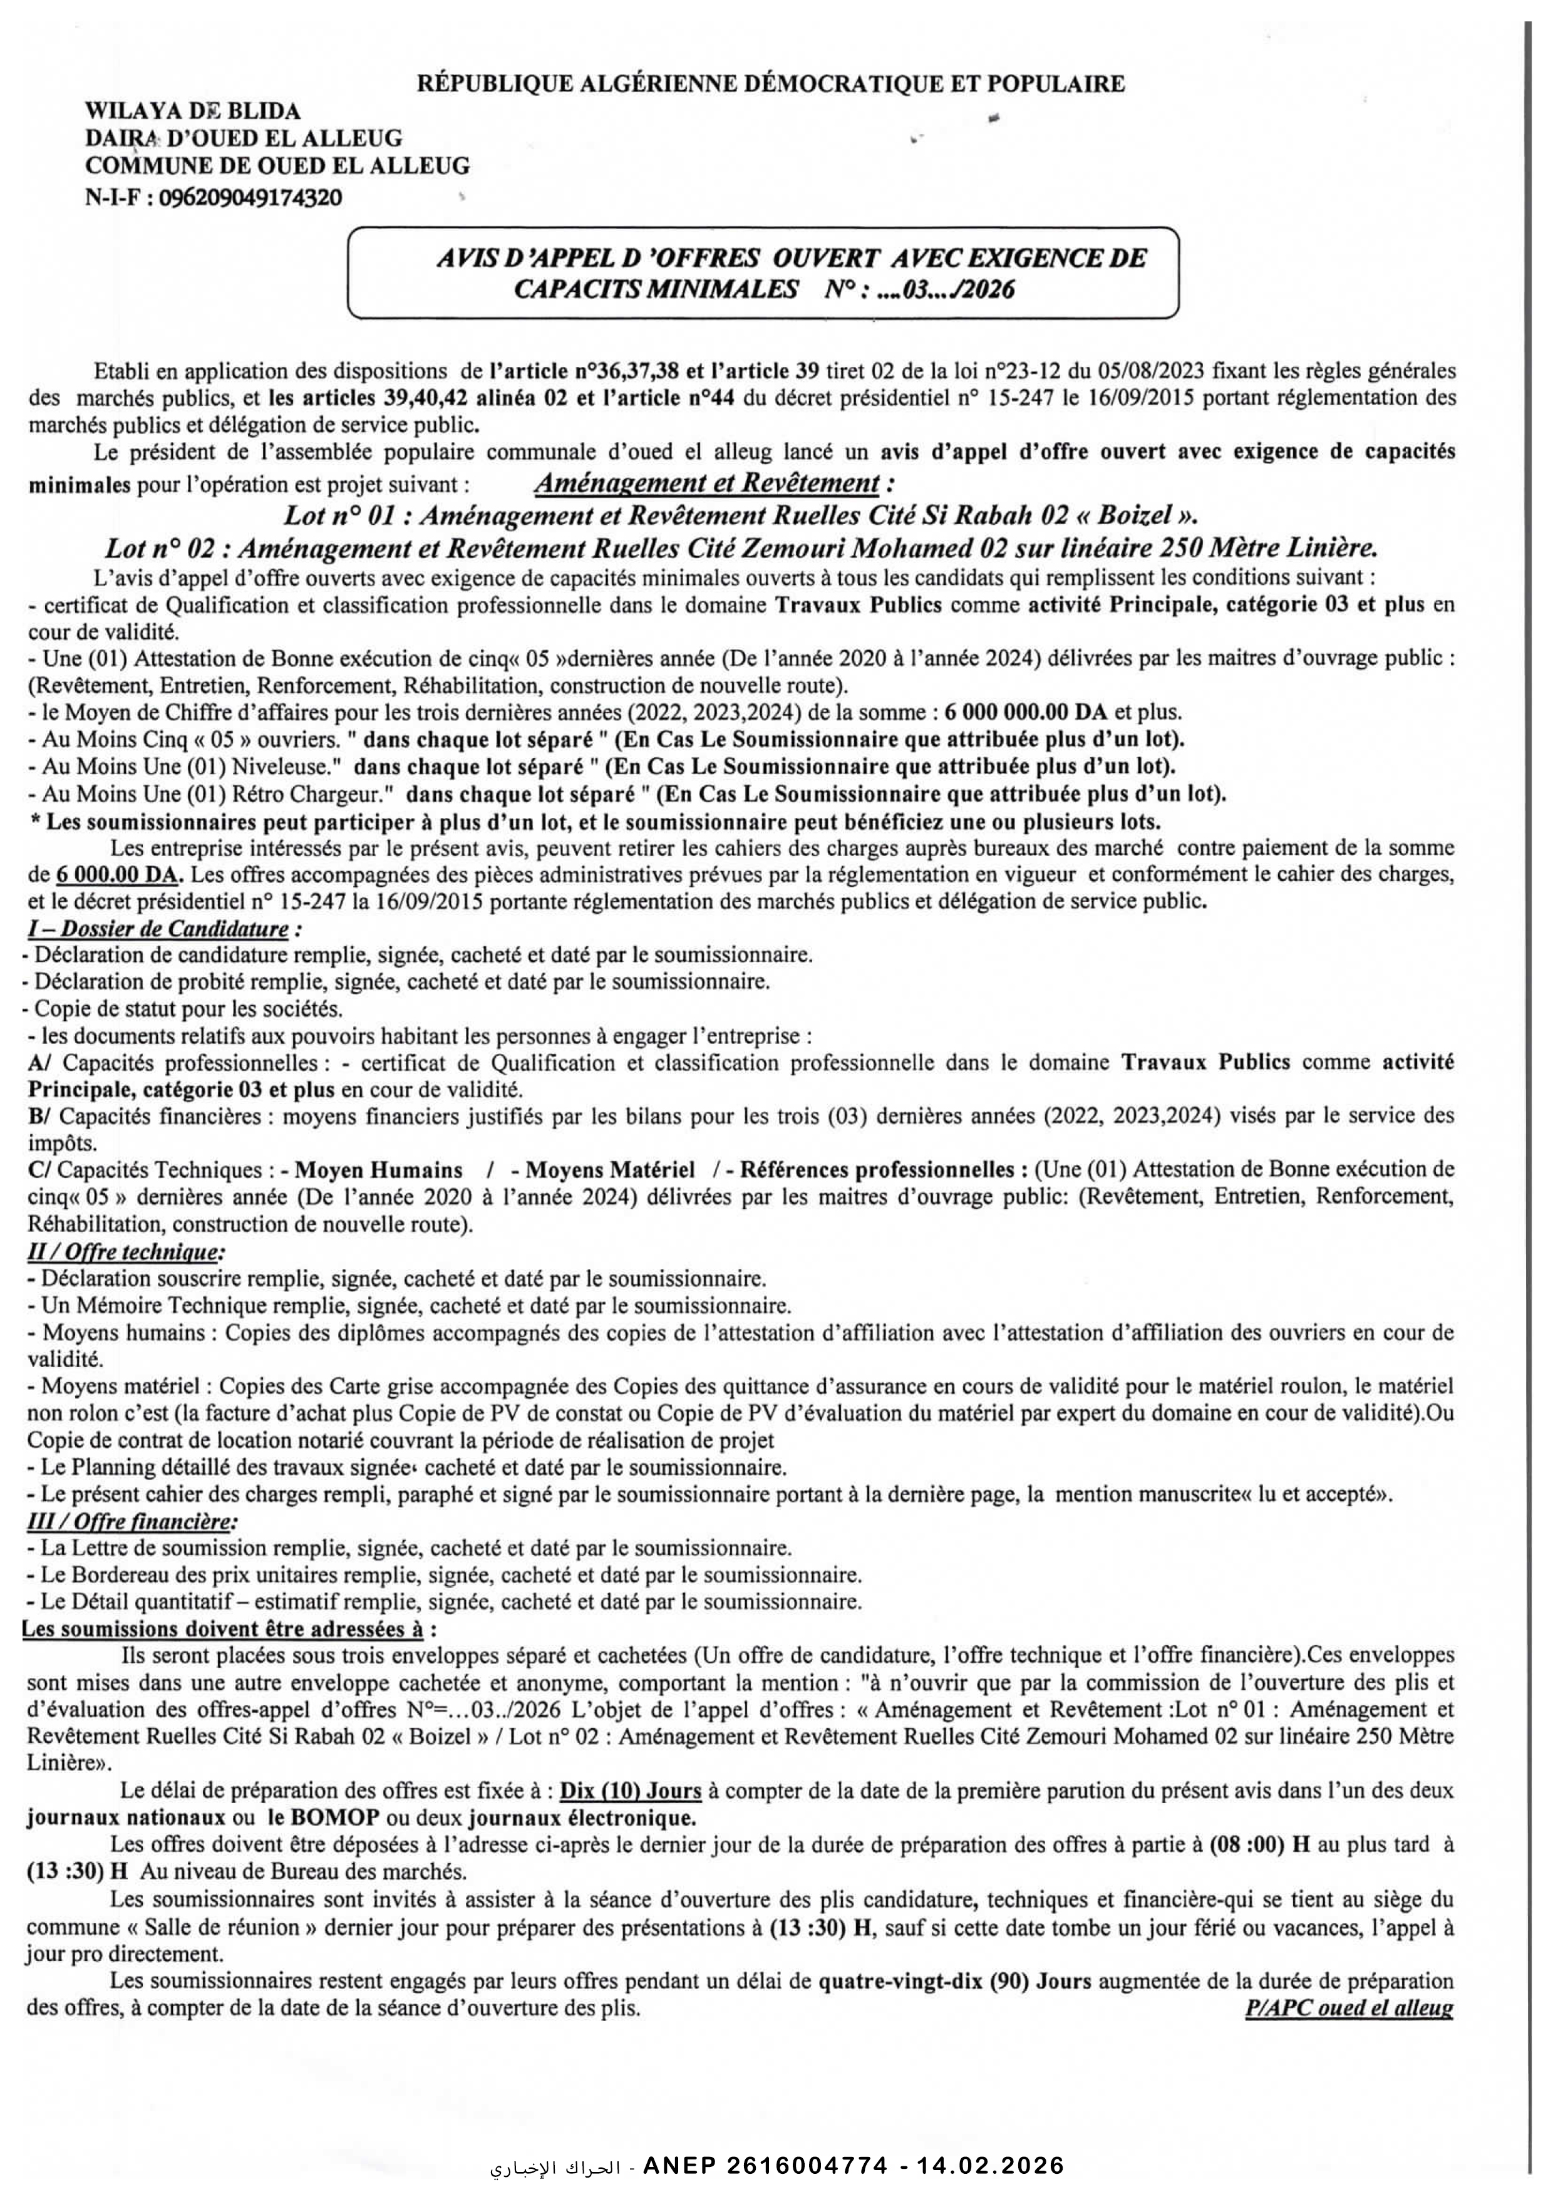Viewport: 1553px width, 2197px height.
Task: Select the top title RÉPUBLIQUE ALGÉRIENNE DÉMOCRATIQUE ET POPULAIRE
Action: coord(771,83)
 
